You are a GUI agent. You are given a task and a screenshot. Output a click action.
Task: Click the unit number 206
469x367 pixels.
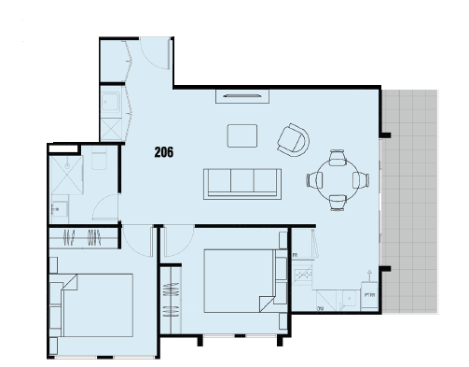coord(164,149)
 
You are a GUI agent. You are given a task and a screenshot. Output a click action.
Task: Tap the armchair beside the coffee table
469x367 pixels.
coord(293,140)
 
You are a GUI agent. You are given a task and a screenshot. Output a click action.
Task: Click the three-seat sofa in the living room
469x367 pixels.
coord(243,182)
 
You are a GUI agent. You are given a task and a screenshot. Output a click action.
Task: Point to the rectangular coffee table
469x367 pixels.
coord(243,135)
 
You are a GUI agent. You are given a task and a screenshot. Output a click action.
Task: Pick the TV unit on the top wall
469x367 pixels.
coord(241,94)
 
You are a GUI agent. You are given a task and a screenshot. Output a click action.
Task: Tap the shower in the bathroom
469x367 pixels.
coord(66,167)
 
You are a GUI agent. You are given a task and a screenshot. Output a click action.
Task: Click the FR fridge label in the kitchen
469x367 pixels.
coord(295,254)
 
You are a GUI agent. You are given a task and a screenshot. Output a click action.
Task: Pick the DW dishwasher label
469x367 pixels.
coord(320,308)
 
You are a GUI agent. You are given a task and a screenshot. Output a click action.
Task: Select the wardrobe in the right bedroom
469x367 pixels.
coord(169,299)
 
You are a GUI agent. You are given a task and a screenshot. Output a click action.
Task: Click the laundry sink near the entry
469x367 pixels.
coord(109,102)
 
